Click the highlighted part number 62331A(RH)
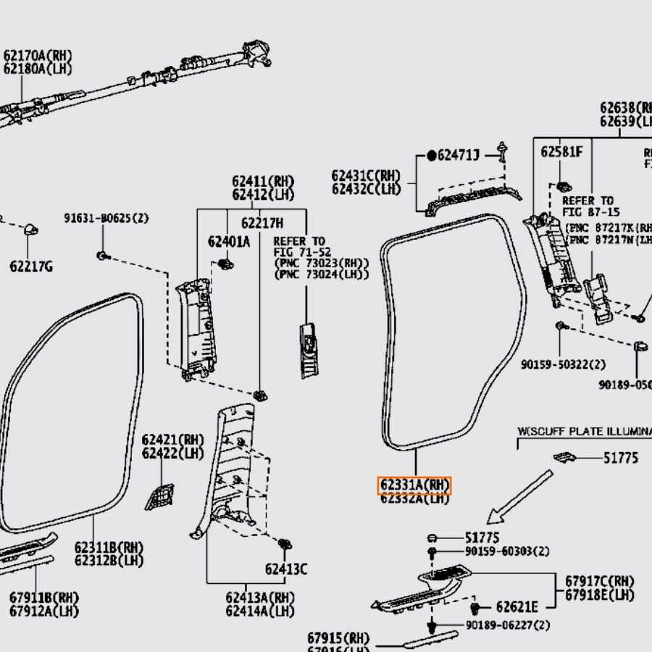(414, 485)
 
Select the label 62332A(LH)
(414, 498)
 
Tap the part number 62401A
(229, 242)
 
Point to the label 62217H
(262, 223)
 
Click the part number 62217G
(31, 267)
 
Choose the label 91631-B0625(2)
(106, 218)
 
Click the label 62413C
(285, 569)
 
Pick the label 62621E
(517, 607)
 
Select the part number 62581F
(561, 152)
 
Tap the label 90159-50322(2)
(564, 364)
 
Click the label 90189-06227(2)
(507, 625)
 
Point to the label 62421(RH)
(173, 440)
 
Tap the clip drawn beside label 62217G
(31, 230)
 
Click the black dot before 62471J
(432, 155)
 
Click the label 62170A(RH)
(38, 55)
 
